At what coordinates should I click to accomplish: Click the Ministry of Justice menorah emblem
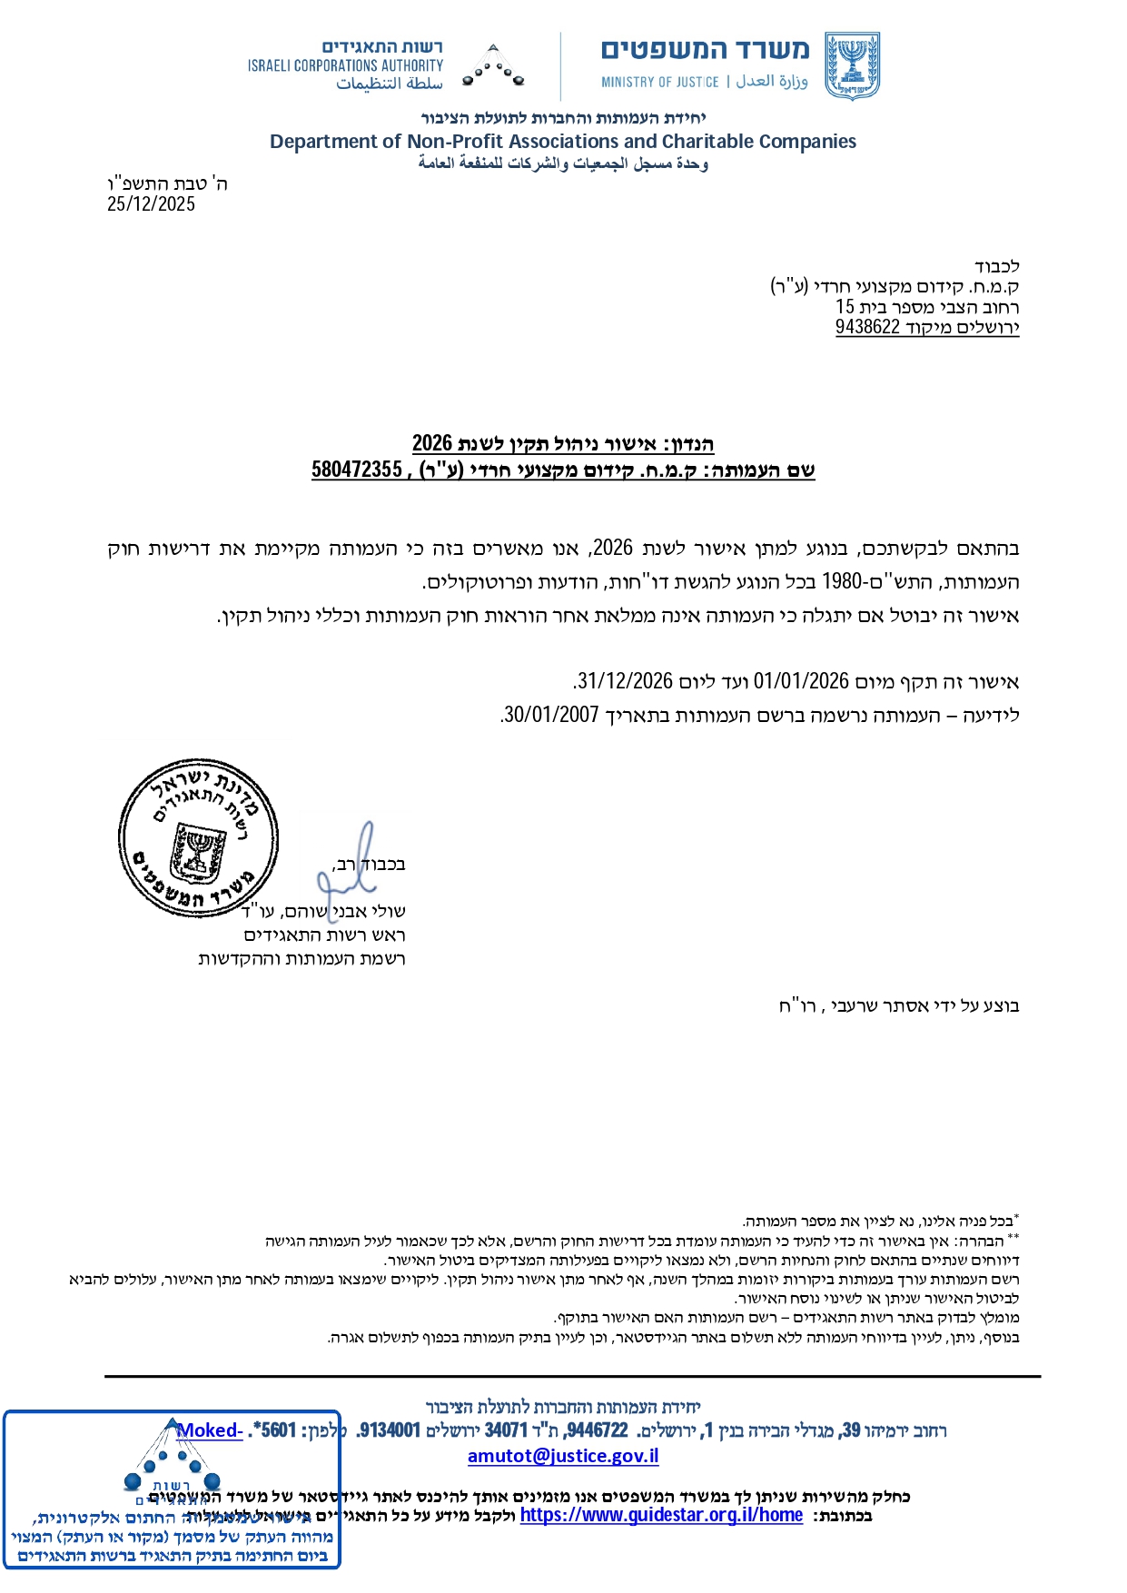tap(852, 65)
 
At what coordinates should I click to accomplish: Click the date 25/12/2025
tap(151, 204)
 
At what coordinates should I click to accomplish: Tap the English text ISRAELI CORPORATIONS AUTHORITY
tap(345, 65)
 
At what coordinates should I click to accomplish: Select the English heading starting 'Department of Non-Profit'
tap(563, 142)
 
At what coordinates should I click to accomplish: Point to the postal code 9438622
tap(867, 328)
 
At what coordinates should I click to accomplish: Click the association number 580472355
tap(356, 470)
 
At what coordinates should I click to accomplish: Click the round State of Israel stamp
tap(198, 837)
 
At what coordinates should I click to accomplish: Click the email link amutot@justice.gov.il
tap(563, 1456)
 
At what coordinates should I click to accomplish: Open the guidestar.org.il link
tap(661, 1515)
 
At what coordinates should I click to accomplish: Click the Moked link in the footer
tap(210, 1430)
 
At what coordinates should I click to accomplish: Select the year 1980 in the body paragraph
tap(841, 582)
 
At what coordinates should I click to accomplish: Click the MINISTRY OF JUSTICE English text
tap(659, 83)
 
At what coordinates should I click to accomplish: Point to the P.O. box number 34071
tap(506, 1430)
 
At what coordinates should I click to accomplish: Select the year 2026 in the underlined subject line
tap(432, 443)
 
